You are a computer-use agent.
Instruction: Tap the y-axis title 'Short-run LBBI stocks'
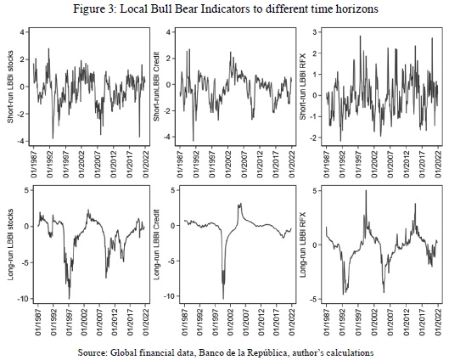10,87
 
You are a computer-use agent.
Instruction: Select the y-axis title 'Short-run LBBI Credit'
157,87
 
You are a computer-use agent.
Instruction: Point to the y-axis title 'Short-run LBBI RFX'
303,87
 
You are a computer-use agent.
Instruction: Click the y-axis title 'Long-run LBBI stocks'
10,245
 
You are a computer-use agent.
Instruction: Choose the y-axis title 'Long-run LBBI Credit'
157,245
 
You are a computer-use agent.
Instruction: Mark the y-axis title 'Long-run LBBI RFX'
303,245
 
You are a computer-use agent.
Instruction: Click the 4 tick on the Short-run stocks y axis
23,31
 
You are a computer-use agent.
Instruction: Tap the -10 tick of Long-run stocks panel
22,299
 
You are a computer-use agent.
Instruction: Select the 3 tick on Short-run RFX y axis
315,32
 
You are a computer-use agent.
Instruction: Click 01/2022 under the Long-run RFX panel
438,323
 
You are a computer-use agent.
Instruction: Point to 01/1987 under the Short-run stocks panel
34,165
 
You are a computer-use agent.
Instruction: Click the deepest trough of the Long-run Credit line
223,299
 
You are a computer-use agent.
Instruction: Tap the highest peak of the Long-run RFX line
366,190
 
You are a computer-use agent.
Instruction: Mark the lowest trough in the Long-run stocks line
69,299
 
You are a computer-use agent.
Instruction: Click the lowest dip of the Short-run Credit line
193,141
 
